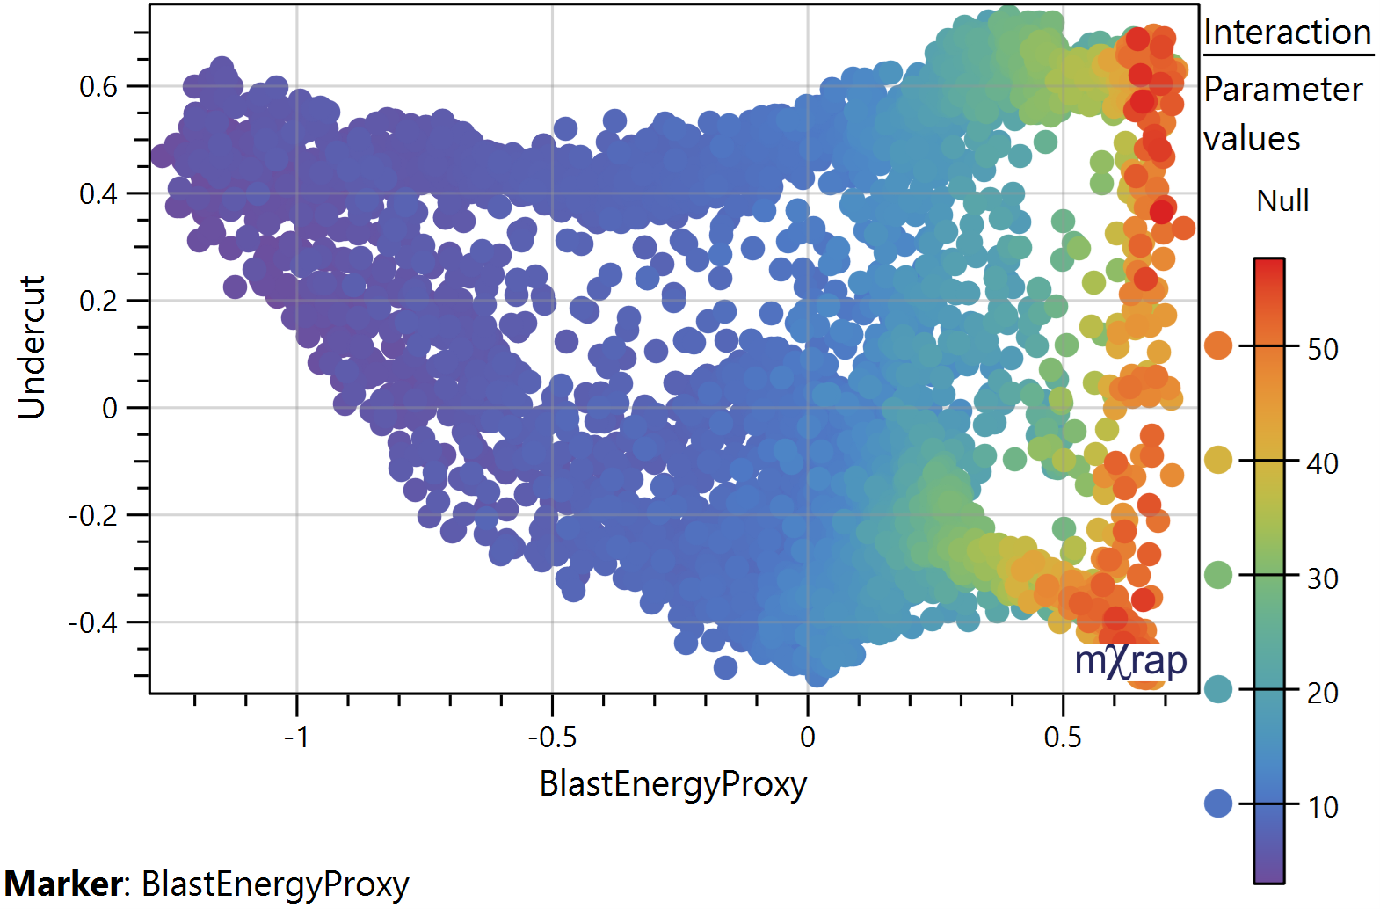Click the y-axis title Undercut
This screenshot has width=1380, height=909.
pyautogui.click(x=32, y=346)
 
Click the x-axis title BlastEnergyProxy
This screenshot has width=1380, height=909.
pyautogui.click(x=672, y=783)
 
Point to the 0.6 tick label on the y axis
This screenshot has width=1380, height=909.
pyautogui.click(x=98, y=87)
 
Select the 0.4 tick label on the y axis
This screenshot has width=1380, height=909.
pyautogui.click(x=98, y=194)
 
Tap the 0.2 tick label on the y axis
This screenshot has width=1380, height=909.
pyautogui.click(x=98, y=302)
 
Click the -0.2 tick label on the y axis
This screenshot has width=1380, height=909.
pyautogui.click(x=92, y=515)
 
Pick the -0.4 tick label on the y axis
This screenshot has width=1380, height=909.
pyautogui.click(x=92, y=622)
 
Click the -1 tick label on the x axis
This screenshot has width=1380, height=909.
pyautogui.click(x=296, y=737)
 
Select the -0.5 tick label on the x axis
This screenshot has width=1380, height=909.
pyautogui.click(x=552, y=737)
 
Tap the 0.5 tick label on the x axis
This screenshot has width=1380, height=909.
pyautogui.click(x=1063, y=737)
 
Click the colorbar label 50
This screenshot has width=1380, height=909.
pyautogui.click(x=1322, y=350)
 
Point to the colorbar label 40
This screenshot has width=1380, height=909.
pyautogui.click(x=1322, y=464)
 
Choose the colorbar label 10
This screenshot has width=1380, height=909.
pyautogui.click(x=1322, y=807)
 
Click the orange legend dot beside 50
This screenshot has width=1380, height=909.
pyautogui.click(x=1218, y=345)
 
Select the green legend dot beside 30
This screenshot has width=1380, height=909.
pyautogui.click(x=1218, y=575)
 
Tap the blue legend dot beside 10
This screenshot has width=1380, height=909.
pyautogui.click(x=1218, y=804)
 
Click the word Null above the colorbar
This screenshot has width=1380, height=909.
pyautogui.click(x=1282, y=201)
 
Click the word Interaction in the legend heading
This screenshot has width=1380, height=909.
pyautogui.click(x=1287, y=33)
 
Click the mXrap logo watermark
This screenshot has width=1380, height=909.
pyautogui.click(x=1130, y=661)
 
